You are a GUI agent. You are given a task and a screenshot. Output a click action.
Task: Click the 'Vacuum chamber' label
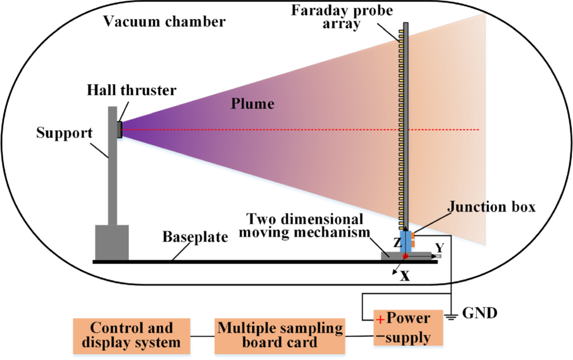coord(164,22)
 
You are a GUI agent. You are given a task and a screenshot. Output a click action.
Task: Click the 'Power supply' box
coord(409,328)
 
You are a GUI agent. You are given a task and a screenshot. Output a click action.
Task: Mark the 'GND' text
coord(477,314)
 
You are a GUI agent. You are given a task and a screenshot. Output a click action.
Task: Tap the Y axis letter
coord(439,247)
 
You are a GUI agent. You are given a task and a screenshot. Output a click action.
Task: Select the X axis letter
coord(405,276)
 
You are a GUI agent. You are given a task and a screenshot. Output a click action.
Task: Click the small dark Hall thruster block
coord(120,130)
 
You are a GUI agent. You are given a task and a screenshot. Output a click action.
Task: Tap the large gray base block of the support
coord(112,243)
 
